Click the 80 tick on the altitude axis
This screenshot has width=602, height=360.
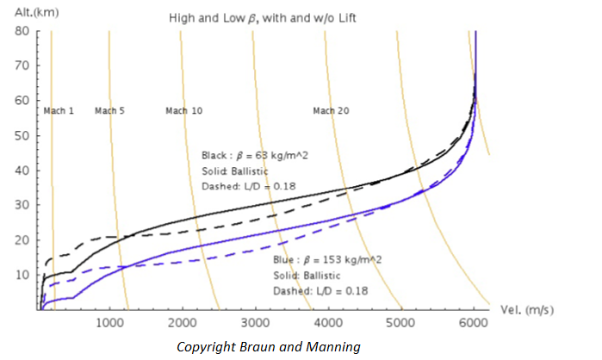(x=22, y=31)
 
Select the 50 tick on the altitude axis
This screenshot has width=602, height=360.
(x=22, y=136)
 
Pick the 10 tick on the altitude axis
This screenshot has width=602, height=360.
(x=22, y=275)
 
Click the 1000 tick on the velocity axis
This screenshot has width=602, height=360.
(x=109, y=323)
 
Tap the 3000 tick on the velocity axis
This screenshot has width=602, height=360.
(x=255, y=323)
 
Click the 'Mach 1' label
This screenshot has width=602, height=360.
(x=59, y=110)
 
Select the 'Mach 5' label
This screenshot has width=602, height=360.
(x=109, y=110)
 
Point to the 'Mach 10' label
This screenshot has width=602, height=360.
(x=183, y=110)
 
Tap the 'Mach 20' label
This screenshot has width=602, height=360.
(x=331, y=110)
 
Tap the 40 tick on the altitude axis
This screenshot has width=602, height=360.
(x=22, y=171)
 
